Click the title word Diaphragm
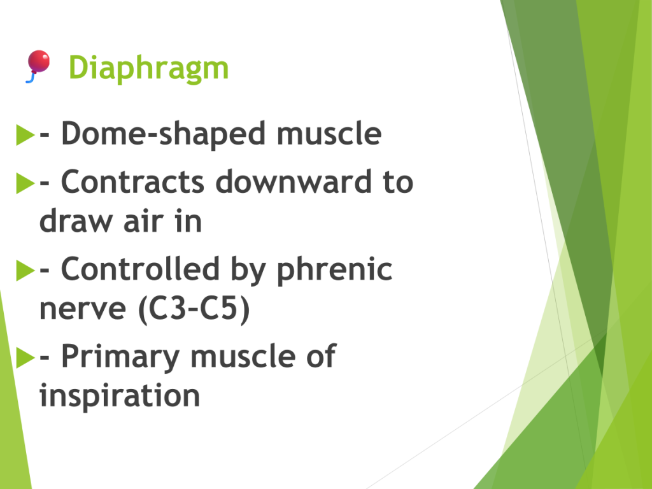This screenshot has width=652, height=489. coord(148,67)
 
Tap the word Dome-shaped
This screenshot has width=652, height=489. coord(164,134)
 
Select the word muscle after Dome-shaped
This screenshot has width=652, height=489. coord(329,134)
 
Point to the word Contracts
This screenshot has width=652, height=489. coord(132,181)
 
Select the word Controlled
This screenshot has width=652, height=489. coord(141,269)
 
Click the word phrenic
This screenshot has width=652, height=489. coord(334,270)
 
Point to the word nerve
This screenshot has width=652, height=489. coord(82,309)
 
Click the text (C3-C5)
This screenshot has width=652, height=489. coord(194,309)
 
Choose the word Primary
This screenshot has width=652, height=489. coord(120,357)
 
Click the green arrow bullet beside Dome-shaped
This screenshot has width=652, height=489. coord(25,135)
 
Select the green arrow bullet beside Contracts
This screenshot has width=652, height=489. coord(25,183)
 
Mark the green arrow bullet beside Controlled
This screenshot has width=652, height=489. coord(25,270)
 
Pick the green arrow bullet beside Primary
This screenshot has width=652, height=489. coord(25,358)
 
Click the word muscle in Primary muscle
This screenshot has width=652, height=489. coord(243,356)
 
